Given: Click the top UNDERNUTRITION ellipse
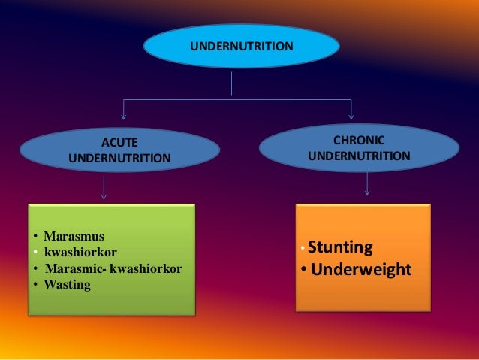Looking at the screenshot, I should coord(241,47).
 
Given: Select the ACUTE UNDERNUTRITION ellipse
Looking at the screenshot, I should coord(119,150).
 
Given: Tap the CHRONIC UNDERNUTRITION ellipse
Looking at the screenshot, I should coord(358,148).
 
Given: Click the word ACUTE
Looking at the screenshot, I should coord(120,141).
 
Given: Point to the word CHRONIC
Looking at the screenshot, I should coord(358,140).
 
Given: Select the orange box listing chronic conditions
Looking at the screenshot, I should coord(363,257).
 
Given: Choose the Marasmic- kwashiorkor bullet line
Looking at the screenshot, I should coord(113,268).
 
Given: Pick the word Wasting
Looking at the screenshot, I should coord(67,284).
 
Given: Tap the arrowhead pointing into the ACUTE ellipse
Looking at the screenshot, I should coord(124,116).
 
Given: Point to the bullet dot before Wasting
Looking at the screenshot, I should coord(35,285).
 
